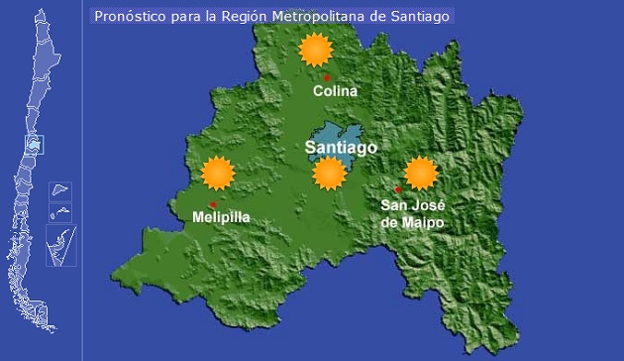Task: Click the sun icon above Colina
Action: pyautogui.click(x=315, y=49)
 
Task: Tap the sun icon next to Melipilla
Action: pyautogui.click(x=217, y=174)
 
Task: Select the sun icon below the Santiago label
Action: pyautogui.click(x=329, y=174)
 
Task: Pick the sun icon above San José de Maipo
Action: pyautogui.click(x=421, y=173)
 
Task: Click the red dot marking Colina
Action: pyautogui.click(x=327, y=76)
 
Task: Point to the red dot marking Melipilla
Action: pyautogui.click(x=213, y=204)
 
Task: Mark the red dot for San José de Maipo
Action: pyautogui.click(x=398, y=189)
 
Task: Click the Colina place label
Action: pyautogui.click(x=335, y=91)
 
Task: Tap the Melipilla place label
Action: pyautogui.click(x=221, y=216)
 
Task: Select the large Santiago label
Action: pyautogui.click(x=341, y=148)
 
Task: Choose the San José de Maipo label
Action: pyautogui.click(x=412, y=214)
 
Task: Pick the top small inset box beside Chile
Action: pyautogui.click(x=60, y=189)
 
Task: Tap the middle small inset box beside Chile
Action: pyautogui.click(x=60, y=210)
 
